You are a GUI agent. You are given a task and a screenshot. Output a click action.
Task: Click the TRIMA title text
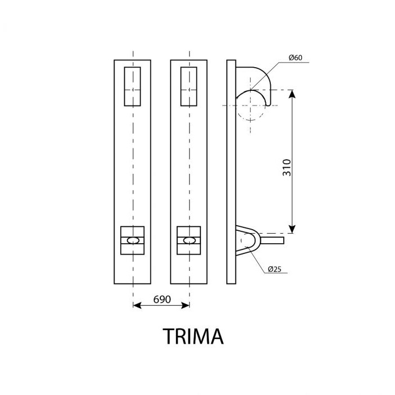[194, 336]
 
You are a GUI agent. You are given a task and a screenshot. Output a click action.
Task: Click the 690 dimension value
[162, 300]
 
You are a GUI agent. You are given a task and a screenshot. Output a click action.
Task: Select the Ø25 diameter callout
[275, 269]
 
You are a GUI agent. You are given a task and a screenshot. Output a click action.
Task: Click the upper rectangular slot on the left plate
[132, 86]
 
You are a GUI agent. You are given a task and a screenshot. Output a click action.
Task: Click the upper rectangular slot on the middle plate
[188, 86]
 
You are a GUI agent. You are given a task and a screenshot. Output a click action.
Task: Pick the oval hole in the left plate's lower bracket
[133, 240]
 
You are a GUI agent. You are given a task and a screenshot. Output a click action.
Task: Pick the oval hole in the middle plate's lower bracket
[189, 240]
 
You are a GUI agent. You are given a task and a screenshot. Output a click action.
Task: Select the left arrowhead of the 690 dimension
[136, 306]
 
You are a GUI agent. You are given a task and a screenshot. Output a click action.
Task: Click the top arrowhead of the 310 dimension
[292, 94]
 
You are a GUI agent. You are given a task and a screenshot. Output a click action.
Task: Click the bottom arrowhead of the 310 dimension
[292, 228]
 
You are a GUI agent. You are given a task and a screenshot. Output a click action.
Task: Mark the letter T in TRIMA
[169, 336]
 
